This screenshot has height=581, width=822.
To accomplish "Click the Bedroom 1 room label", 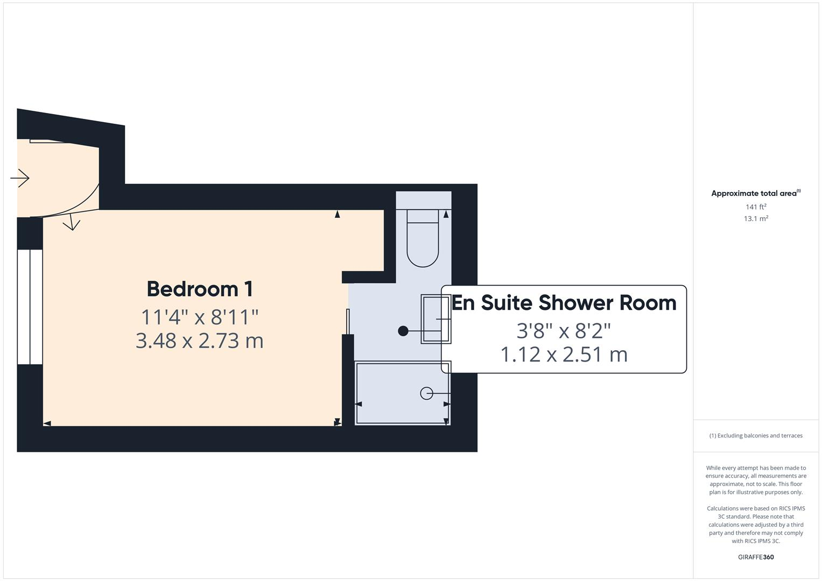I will [200, 289].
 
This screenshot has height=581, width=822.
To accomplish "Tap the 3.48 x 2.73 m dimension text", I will [200, 341].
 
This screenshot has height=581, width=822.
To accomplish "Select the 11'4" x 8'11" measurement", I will [200, 317].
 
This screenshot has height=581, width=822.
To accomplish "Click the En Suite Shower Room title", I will [564, 303].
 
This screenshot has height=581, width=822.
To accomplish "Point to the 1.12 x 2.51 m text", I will [564, 355].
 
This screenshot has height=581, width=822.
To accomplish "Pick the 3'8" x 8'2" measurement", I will [564, 330].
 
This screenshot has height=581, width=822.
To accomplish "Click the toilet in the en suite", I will [423, 245].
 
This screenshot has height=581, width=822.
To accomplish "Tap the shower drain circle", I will [426, 393].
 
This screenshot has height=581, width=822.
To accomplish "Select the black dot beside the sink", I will [403, 331].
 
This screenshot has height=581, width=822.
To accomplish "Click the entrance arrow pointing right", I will [20, 178].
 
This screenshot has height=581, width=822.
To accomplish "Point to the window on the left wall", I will [30, 306].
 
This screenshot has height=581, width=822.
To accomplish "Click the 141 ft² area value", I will [756, 207].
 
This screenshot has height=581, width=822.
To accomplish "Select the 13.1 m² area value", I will [756, 218].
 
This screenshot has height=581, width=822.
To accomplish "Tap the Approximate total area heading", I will [755, 193].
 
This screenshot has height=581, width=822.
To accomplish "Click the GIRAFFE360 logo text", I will [756, 557].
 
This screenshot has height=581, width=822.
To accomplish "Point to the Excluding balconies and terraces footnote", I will [756, 436].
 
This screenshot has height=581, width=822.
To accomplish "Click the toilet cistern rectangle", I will [423, 216].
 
